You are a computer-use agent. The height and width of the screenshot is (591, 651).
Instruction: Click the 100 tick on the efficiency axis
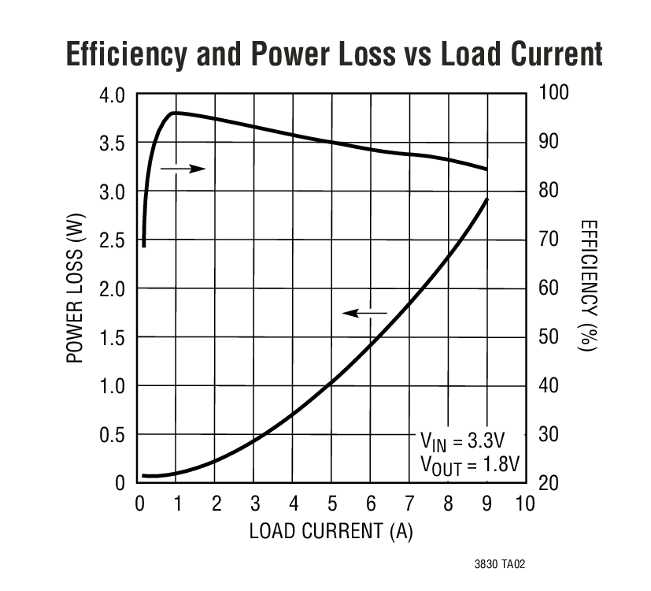coord(553,94)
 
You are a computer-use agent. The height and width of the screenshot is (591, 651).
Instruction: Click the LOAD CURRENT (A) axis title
coord(331,531)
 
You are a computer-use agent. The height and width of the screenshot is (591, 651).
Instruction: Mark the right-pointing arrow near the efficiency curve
coord(183,168)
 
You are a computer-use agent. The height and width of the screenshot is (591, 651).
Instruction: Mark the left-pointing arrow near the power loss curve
coord(365,314)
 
